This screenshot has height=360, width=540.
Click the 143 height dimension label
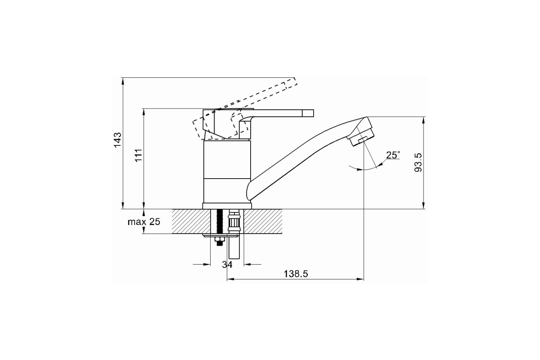coord(117,139)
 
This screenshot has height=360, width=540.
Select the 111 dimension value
coord(139,155)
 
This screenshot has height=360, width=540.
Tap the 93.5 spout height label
coord(418,162)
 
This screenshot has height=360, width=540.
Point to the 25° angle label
coord(393,155)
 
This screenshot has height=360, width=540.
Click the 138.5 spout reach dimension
coord(296,274)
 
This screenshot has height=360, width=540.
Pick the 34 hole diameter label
coord(227,265)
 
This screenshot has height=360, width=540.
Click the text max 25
coord(144,221)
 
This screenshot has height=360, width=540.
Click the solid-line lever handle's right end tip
coord(313,113)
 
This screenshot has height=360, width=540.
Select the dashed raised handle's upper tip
coord(296,81)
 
